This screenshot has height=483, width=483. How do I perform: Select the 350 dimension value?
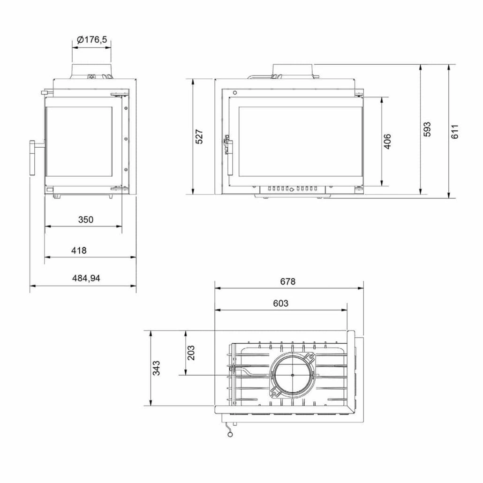pyautogui.click(x=86, y=219)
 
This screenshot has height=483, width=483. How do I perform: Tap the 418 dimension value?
pyautogui.click(x=79, y=250)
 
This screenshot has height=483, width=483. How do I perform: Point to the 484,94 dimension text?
pyautogui.click(x=86, y=278)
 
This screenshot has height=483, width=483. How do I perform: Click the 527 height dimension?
pyautogui.click(x=199, y=136)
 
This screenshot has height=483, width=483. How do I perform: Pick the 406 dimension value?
pyautogui.click(x=387, y=141)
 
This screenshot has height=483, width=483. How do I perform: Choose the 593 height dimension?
pyautogui.click(x=427, y=129)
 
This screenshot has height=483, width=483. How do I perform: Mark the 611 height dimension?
pyautogui.click(x=455, y=131)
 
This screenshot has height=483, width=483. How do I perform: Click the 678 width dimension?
pyautogui.click(x=288, y=281)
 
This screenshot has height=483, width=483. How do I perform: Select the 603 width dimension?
pyautogui.click(x=280, y=303)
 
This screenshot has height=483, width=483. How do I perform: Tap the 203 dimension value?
pyautogui.click(x=191, y=353)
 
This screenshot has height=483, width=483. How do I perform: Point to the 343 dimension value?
pyautogui.click(x=157, y=368)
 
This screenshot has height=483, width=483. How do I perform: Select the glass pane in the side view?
pyautogui.click(x=79, y=142)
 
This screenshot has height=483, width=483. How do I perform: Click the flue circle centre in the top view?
pyautogui.click(x=292, y=375)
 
